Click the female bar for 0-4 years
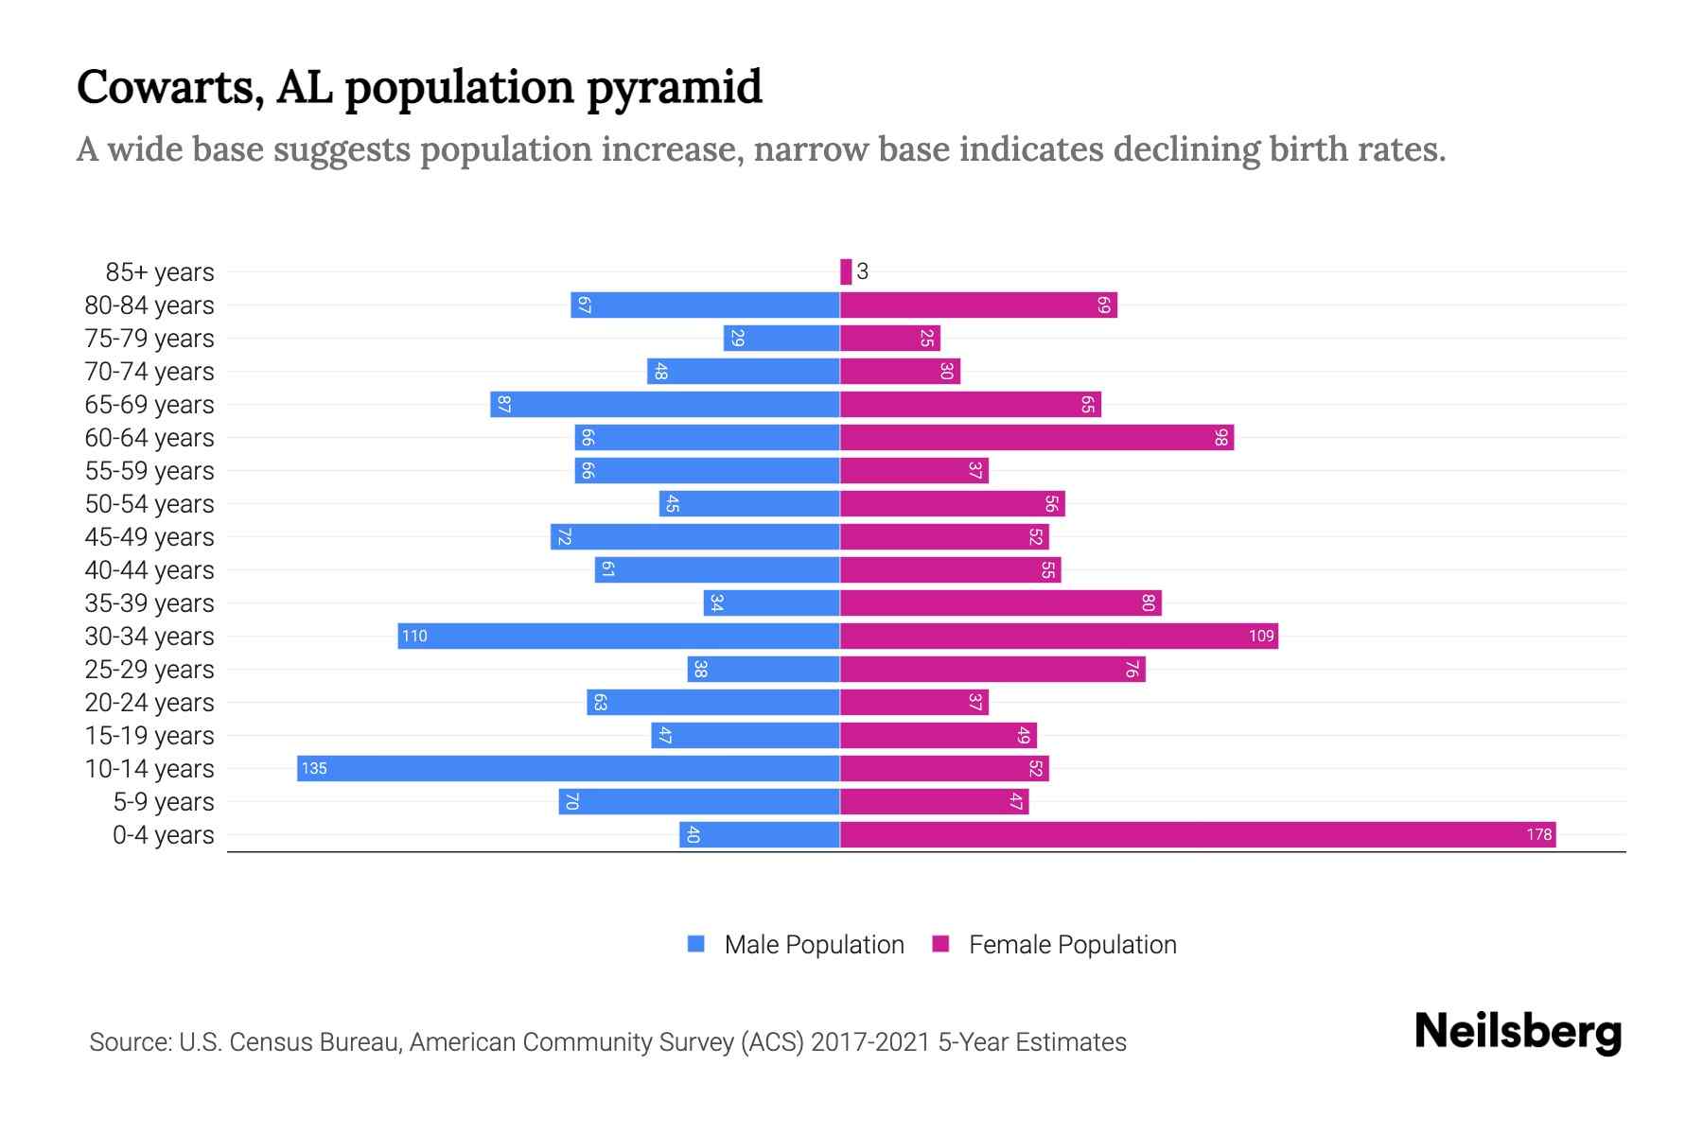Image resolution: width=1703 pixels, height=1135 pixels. pyautogui.click(x=1197, y=835)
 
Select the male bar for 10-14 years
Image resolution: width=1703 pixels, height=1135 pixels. pyautogui.click(x=568, y=769)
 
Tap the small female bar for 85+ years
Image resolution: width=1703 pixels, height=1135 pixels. pyautogui.click(x=846, y=272)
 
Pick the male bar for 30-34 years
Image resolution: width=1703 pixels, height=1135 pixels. pyautogui.click(x=619, y=637)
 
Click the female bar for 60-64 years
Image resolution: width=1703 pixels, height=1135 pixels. pyautogui.click(x=1036, y=438)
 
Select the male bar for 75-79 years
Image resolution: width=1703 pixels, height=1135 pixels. pyautogui.click(x=781, y=339)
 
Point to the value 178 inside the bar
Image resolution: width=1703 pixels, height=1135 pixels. pyautogui.click(x=1538, y=835)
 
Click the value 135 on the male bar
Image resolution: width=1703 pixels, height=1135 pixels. pyautogui.click(x=314, y=769)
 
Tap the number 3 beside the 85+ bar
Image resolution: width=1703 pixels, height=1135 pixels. pyautogui.click(x=862, y=272)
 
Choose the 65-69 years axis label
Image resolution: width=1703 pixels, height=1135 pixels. pyautogui.click(x=149, y=405)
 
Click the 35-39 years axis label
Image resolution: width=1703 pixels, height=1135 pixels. pyautogui.click(x=149, y=603)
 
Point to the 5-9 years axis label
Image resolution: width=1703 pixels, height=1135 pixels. pyautogui.click(x=164, y=802)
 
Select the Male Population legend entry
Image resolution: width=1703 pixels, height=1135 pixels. pyautogui.click(x=814, y=945)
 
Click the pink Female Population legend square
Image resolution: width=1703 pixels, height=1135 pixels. pyautogui.click(x=940, y=944)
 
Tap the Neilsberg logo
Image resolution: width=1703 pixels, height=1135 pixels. pyautogui.click(x=1518, y=1032)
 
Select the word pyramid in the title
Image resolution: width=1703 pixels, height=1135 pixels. pyautogui.click(x=674, y=87)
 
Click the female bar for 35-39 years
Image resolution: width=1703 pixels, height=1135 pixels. pyautogui.click(x=1000, y=603)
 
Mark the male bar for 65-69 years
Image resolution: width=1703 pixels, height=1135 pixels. pyautogui.click(x=664, y=405)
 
